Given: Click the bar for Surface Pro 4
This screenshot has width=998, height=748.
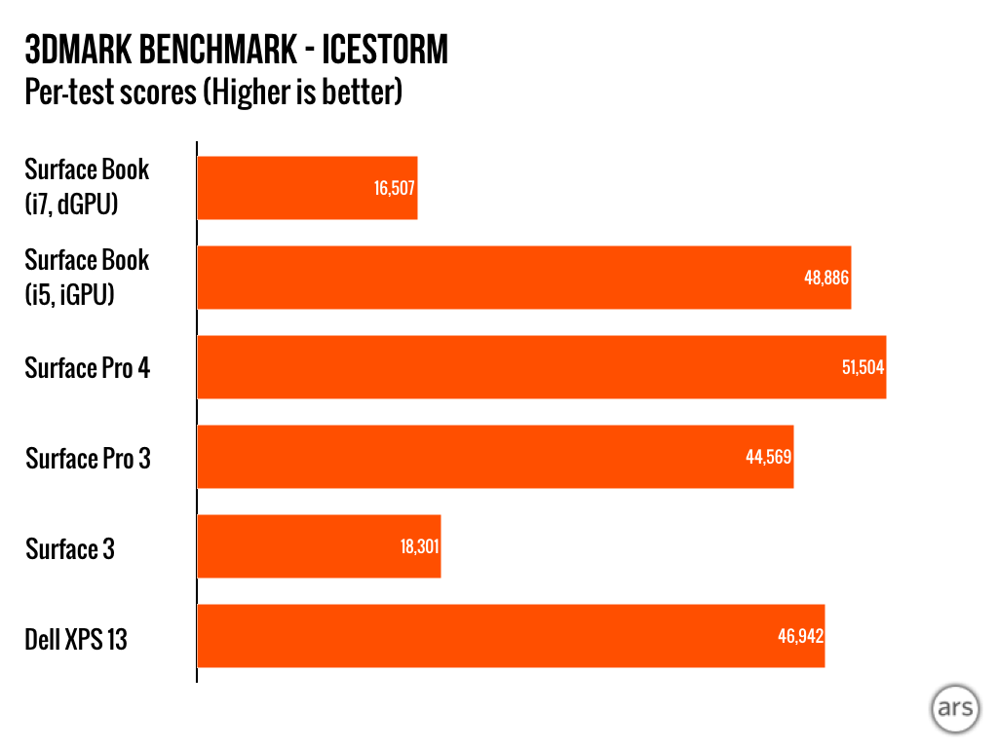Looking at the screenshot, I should click(541, 367).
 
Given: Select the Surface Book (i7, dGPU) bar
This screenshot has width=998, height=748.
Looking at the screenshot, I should click(307, 188).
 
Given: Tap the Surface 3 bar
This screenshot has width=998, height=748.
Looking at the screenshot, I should click(319, 546).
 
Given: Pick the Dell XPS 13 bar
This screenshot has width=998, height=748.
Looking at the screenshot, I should click(511, 636).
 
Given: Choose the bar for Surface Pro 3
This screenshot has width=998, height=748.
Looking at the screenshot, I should click(495, 457).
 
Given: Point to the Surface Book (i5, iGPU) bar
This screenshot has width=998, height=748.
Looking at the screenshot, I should click(523, 278).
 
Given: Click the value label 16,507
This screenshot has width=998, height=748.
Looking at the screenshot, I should click(395, 188).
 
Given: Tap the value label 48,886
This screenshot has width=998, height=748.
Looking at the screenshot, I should click(826, 278).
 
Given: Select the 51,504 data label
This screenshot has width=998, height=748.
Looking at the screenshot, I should click(863, 367).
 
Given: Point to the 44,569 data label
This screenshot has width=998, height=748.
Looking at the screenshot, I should click(769, 457).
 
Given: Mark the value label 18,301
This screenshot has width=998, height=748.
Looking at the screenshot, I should click(419, 546).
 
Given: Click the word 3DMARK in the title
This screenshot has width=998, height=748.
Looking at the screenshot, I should click(79, 49).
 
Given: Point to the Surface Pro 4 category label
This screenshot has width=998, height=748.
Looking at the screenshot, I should click(88, 368).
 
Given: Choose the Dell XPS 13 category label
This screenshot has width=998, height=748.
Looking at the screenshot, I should click(76, 640).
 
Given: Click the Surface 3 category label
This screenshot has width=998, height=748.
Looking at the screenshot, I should click(70, 549).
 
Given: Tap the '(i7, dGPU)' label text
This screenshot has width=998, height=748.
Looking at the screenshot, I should click(70, 203).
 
